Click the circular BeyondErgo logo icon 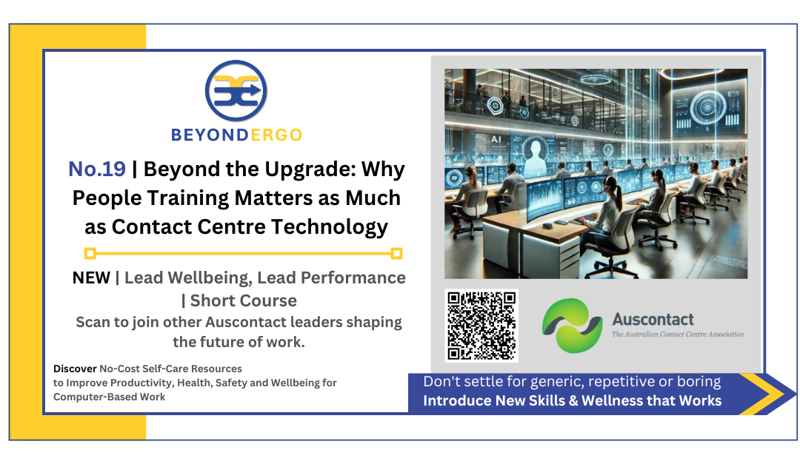pos(236,91)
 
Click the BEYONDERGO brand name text pos(236,135)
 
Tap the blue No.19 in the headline pos(97,169)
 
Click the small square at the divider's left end pos(90,254)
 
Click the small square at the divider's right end pos(396,254)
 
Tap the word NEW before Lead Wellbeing pos(91,278)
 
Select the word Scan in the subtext pos(93,323)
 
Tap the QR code pos(481,326)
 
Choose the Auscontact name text pos(652,320)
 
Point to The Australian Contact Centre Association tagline pos(677,334)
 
